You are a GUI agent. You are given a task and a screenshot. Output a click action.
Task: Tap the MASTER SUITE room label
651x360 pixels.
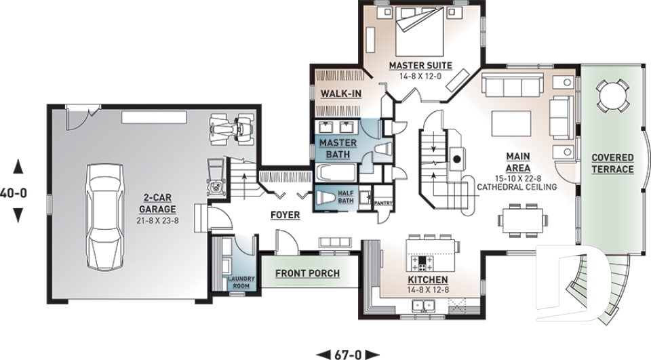[x=416, y=66]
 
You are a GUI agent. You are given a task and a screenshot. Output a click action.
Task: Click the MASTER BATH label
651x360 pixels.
[x=333, y=148]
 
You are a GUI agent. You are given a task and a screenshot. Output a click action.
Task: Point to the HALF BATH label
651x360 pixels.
[x=346, y=196]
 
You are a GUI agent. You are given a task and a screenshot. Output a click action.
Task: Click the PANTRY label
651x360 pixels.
[x=383, y=202]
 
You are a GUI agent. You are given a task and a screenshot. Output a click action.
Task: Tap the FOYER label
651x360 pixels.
[x=285, y=215]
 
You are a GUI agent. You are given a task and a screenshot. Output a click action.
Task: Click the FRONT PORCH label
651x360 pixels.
[x=307, y=274]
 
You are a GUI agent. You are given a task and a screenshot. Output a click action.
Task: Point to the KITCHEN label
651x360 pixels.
[x=427, y=280]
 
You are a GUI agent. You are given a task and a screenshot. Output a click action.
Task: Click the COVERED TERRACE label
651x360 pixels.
[x=612, y=163]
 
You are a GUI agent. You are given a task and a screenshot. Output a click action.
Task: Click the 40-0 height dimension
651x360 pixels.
[x=14, y=192]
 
